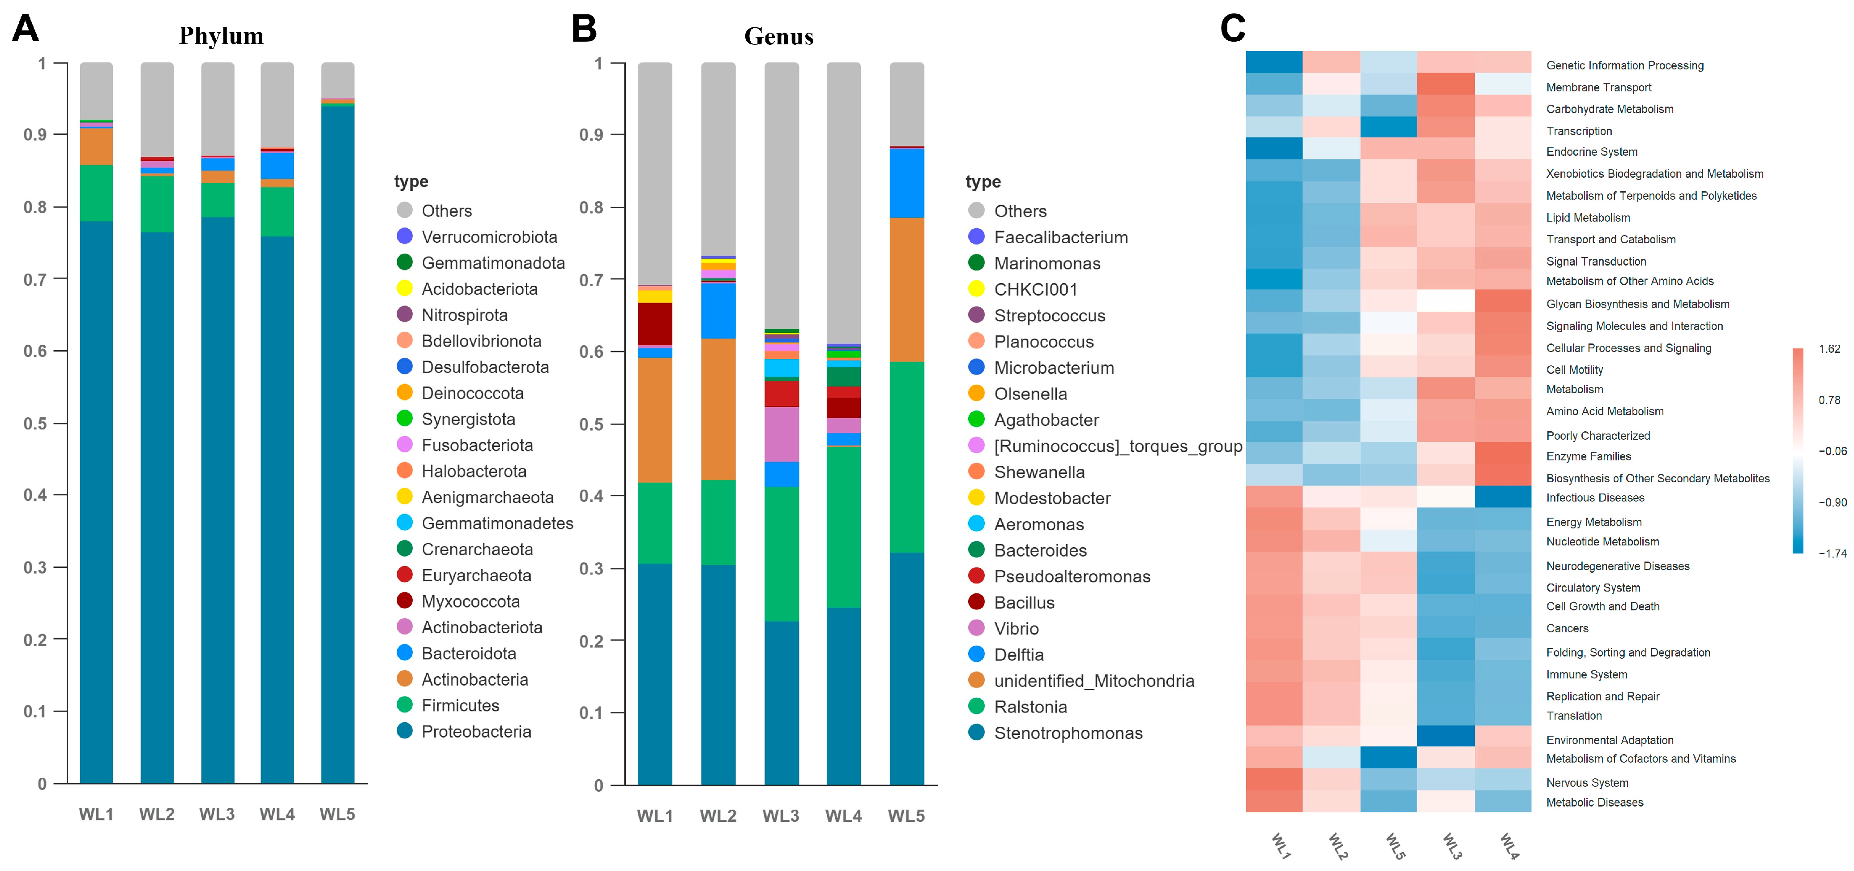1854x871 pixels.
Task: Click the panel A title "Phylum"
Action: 221,36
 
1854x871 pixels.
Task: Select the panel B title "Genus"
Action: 779,36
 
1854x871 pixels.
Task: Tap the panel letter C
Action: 1232,29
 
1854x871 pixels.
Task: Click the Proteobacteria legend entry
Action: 464,731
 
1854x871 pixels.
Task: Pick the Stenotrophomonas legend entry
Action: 1055,733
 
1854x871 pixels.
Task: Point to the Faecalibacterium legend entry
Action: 1048,237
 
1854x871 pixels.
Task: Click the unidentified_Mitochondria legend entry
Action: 1081,681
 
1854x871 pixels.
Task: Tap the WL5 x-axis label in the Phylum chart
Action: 337,814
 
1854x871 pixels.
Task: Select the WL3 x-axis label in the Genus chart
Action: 781,815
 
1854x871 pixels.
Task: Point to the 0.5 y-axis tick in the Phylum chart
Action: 35,423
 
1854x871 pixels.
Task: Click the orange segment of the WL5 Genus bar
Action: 907,289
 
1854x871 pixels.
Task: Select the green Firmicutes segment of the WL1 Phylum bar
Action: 96,193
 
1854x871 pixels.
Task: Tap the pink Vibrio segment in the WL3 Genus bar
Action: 782,434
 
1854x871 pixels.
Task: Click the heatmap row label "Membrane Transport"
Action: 1598,87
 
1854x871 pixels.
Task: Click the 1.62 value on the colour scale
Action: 1829,349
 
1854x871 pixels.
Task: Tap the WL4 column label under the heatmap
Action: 1509,846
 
